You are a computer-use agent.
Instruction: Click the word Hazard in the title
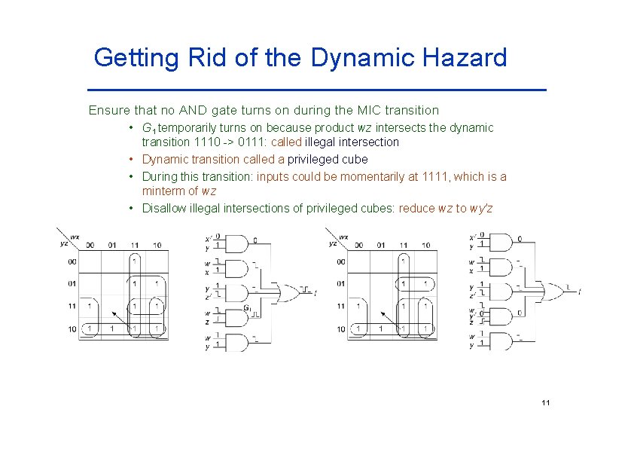463,57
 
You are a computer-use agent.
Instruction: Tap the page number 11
546,403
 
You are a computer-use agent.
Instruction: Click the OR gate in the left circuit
289,290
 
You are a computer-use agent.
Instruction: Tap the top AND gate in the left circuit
236,243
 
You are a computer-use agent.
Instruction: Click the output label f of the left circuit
315,291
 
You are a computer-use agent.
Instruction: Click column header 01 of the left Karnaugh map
111,245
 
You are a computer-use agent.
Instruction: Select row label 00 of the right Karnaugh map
340,261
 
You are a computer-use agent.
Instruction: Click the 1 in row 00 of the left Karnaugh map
134,261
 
